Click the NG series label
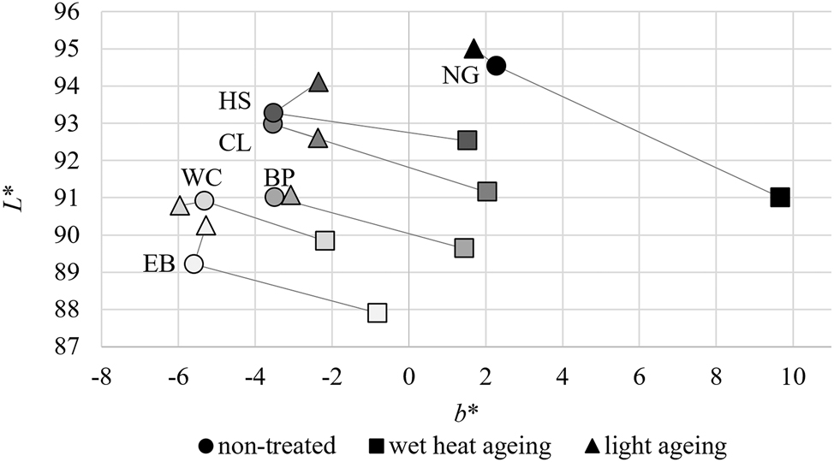coord(461,76)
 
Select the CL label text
coord(235,142)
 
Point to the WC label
coord(203,178)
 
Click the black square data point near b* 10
coord(779,198)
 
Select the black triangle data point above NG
coord(474,48)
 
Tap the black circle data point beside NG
coord(496,65)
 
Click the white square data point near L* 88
coord(377,313)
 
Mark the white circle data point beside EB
coord(194,264)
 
